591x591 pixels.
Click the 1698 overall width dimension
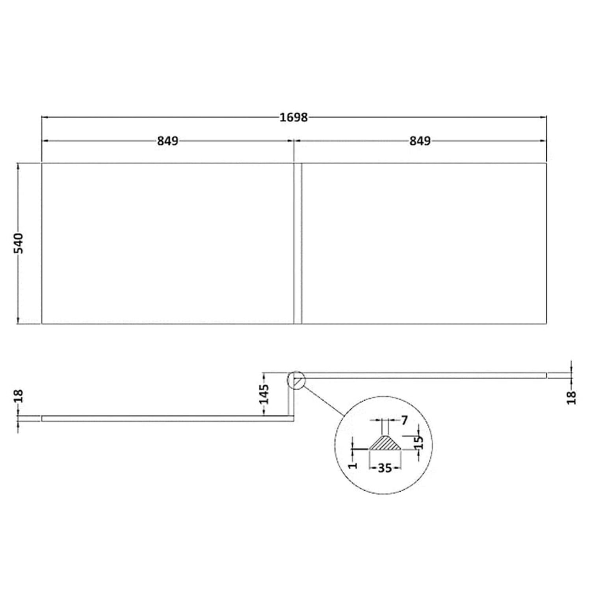tap(294, 117)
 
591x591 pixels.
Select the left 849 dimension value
tap(168, 141)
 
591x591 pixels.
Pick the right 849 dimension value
tap(420, 141)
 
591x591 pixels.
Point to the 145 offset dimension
tap(264, 394)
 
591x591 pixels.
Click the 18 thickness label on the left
tap(19, 396)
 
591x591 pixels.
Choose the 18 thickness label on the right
tap(572, 398)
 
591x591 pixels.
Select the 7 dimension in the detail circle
tap(405, 421)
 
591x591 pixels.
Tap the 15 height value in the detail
tap(419, 442)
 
